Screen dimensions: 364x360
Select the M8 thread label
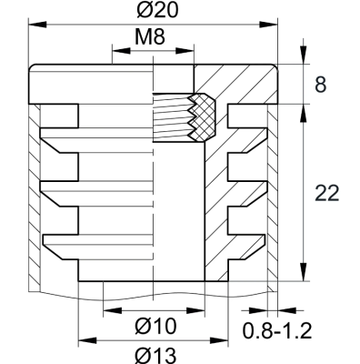point(152,39)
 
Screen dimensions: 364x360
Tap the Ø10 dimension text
point(153,324)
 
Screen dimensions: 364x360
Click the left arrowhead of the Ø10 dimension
point(105,311)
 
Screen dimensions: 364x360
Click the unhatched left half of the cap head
point(91,84)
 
